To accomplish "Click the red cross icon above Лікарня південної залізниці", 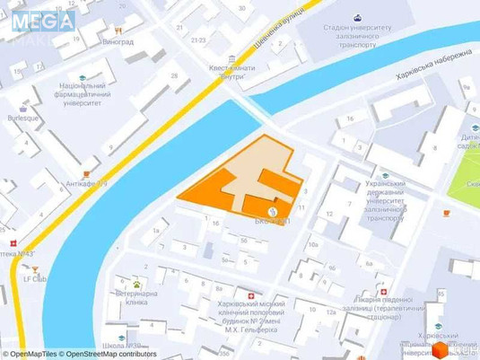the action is [x=384, y=293].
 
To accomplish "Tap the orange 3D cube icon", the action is [x=440, y=348].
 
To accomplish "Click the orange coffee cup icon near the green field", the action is [x=446, y=213].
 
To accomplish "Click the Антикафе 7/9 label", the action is [x=91, y=184].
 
